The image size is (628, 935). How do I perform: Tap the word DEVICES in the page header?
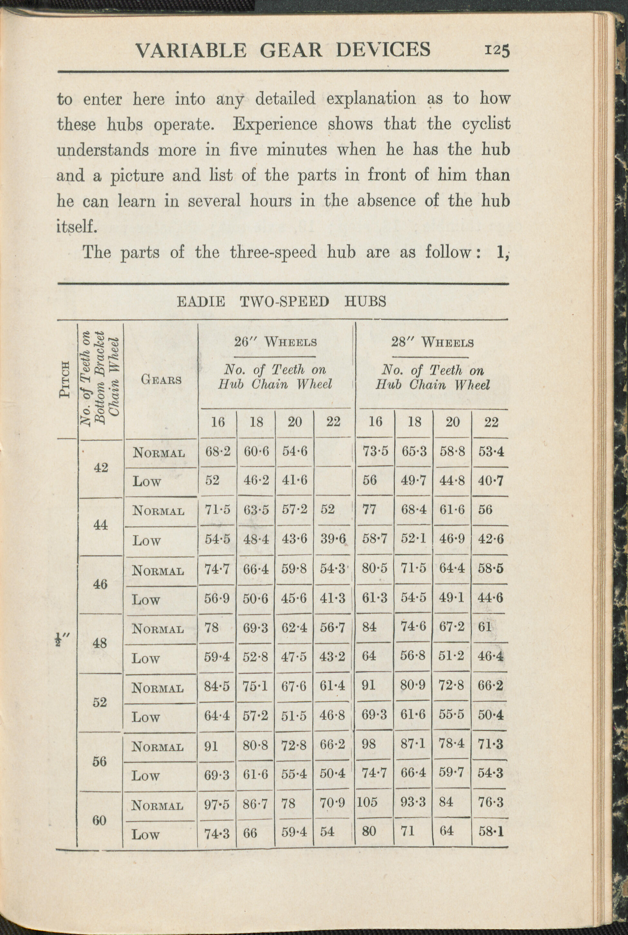[x=383, y=50]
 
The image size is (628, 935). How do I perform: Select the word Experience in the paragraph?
[x=275, y=124]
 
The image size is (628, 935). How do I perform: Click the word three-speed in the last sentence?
[x=273, y=252]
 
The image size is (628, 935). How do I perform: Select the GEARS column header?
[x=161, y=379]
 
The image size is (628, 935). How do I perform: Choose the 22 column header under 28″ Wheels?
[x=491, y=422]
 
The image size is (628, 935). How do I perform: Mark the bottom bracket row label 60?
[x=99, y=821]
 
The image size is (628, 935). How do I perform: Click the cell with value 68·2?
[x=218, y=452]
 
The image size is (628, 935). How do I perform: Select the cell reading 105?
[x=367, y=802]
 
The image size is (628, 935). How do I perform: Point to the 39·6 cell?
[x=332, y=539]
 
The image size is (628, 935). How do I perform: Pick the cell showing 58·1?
[x=491, y=832]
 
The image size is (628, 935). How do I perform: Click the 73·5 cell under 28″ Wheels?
[x=375, y=451]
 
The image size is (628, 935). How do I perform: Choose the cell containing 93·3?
[x=413, y=802]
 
